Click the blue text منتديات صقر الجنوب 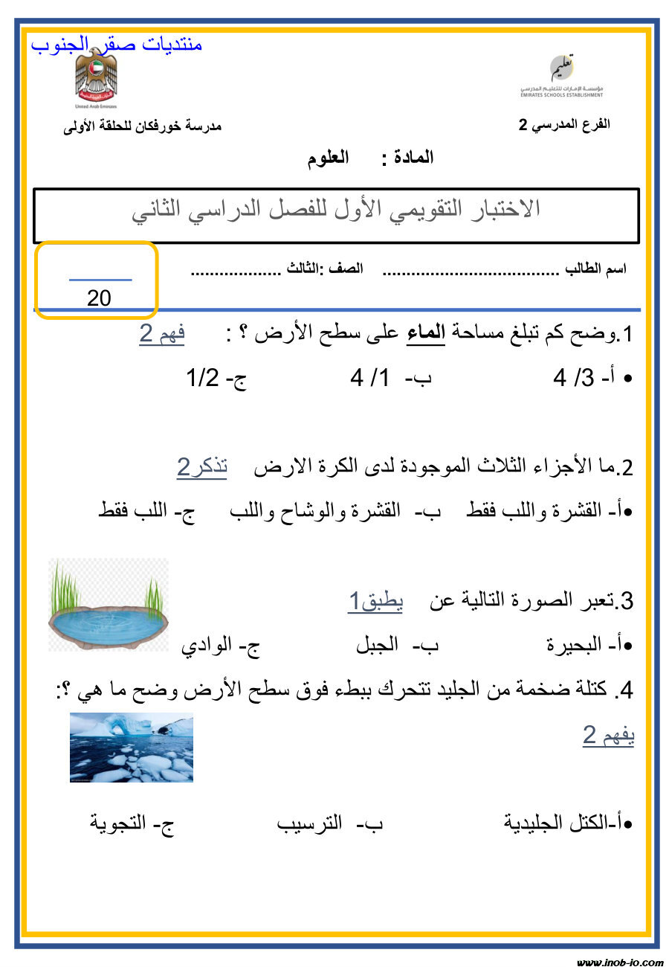tap(117, 45)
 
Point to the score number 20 tap(98, 298)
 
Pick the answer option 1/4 tap(369, 379)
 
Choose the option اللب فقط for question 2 tap(138, 513)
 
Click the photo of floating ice tap(132, 748)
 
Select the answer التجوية tap(123, 824)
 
